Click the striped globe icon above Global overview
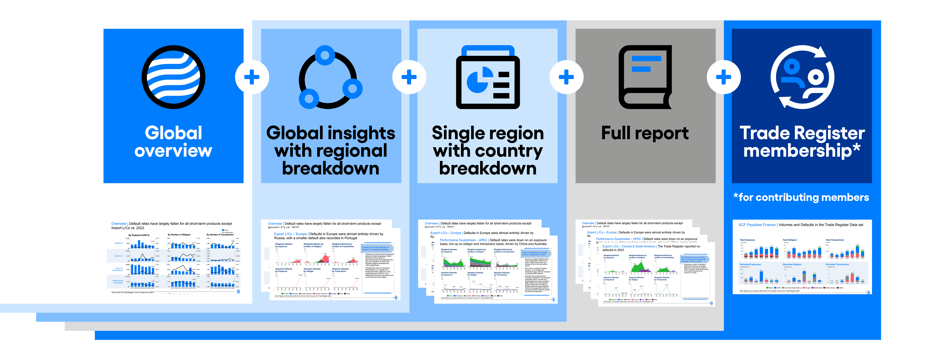[x=173, y=77]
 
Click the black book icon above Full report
[x=645, y=77]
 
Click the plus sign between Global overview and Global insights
[x=252, y=77]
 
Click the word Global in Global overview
[x=173, y=133]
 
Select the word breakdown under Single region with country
[x=488, y=169]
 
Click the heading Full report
[x=645, y=133]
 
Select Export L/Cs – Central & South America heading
[x=628, y=246]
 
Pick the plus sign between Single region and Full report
[x=566, y=77]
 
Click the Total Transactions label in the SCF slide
[x=835, y=240]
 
